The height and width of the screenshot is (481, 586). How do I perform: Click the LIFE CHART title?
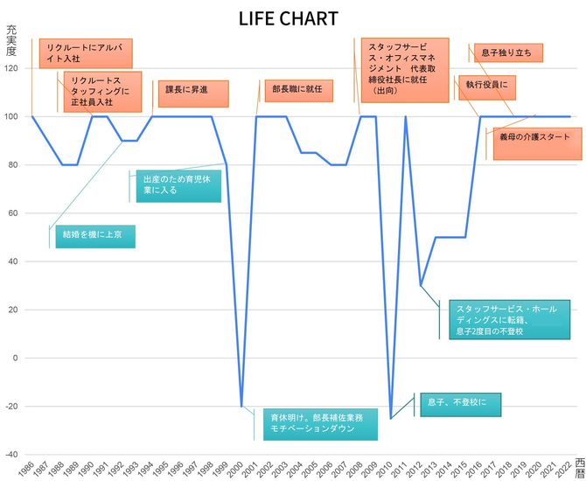[288, 18]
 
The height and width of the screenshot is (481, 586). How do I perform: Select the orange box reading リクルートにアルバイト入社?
[86, 53]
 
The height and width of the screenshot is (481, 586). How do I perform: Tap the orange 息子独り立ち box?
[506, 53]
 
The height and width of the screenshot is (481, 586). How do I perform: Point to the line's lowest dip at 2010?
[391, 418]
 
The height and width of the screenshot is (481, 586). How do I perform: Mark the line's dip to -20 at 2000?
[241, 406]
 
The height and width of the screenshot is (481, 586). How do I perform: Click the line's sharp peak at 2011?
[406, 117]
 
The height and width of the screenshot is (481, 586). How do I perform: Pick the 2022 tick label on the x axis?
[569, 469]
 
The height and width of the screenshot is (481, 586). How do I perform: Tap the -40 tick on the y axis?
[12, 454]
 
